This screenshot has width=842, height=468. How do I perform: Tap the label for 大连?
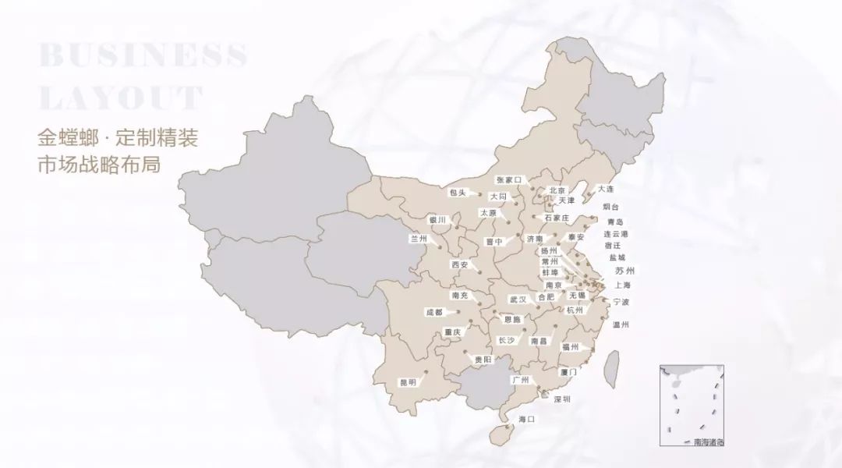tap(606, 189)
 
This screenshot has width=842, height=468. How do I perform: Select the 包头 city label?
tap(458, 192)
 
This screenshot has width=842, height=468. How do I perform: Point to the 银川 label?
tap(437, 220)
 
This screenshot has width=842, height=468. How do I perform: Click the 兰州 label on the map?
tap(419, 239)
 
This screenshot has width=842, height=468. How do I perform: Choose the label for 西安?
tap(458, 264)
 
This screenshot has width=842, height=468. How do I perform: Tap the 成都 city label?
tap(433, 312)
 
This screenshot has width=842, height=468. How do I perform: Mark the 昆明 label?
tap(408, 382)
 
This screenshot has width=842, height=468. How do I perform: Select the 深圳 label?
tap(562, 399)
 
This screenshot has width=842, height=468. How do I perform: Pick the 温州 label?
tap(621, 324)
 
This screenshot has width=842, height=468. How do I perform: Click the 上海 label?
tap(622, 285)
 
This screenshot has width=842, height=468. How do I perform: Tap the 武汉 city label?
tap(518, 299)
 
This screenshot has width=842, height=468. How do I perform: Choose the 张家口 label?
tap(511, 179)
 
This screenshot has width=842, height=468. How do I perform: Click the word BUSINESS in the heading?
tap(143, 56)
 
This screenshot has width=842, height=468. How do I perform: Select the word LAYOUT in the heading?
tap(121, 98)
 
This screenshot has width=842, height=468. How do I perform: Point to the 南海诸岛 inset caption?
tap(708, 441)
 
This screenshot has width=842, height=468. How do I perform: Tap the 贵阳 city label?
tap(483, 360)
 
